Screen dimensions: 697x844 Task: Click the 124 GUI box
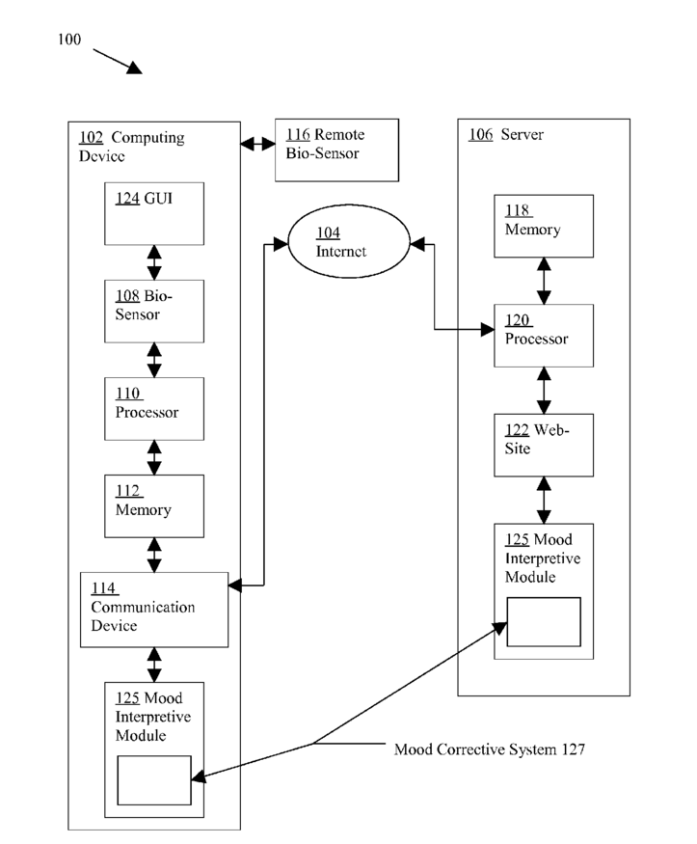pyautogui.click(x=154, y=214)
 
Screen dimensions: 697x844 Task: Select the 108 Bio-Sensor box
pyautogui.click(x=154, y=312)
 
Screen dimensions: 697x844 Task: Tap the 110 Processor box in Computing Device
pyautogui.click(x=154, y=409)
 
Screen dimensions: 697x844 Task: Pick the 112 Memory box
pyautogui.click(x=154, y=506)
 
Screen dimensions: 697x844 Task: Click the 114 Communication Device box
pyautogui.click(x=154, y=610)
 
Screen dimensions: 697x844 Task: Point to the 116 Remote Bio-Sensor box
pyautogui.click(x=336, y=150)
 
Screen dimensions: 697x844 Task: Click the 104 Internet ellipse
pyautogui.click(x=349, y=241)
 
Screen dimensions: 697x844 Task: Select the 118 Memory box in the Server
pyautogui.click(x=544, y=226)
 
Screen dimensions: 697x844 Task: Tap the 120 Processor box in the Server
pyautogui.click(x=544, y=336)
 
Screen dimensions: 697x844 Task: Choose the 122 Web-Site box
pyautogui.click(x=544, y=445)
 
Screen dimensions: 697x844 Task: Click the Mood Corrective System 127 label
pyautogui.click(x=490, y=749)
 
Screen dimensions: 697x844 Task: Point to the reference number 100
pyautogui.click(x=69, y=40)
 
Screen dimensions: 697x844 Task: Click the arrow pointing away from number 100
pyautogui.click(x=118, y=62)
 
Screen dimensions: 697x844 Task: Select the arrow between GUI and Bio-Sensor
pyautogui.click(x=154, y=262)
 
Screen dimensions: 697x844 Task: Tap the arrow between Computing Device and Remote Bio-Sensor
pyautogui.click(x=257, y=144)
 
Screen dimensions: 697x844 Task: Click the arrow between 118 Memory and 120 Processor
pyautogui.click(x=544, y=281)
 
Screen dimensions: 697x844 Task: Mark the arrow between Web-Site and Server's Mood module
pyautogui.click(x=544, y=500)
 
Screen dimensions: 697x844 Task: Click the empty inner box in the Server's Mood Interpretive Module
pyautogui.click(x=544, y=622)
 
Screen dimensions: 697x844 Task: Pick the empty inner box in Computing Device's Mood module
pyautogui.click(x=154, y=780)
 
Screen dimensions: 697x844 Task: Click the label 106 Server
pyautogui.click(x=506, y=135)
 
